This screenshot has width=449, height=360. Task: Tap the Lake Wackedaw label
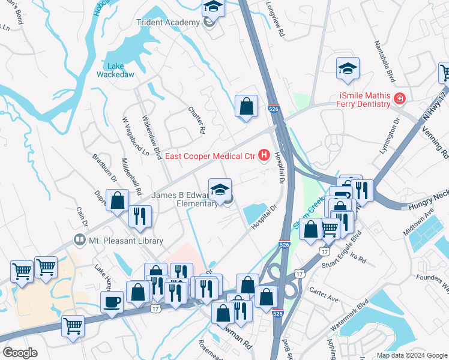pyautogui.click(x=116, y=71)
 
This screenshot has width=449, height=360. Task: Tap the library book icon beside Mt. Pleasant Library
pyautogui.click(x=79, y=240)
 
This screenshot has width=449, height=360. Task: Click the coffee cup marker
pyautogui.click(x=112, y=302)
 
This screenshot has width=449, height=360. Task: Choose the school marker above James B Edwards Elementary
pyautogui.click(x=220, y=190)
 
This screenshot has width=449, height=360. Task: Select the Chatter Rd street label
pyautogui.click(x=196, y=121)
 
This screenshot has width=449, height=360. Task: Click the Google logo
pyautogui.click(x=20, y=353)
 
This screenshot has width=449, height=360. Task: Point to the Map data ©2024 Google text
pyautogui.click(x=411, y=355)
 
